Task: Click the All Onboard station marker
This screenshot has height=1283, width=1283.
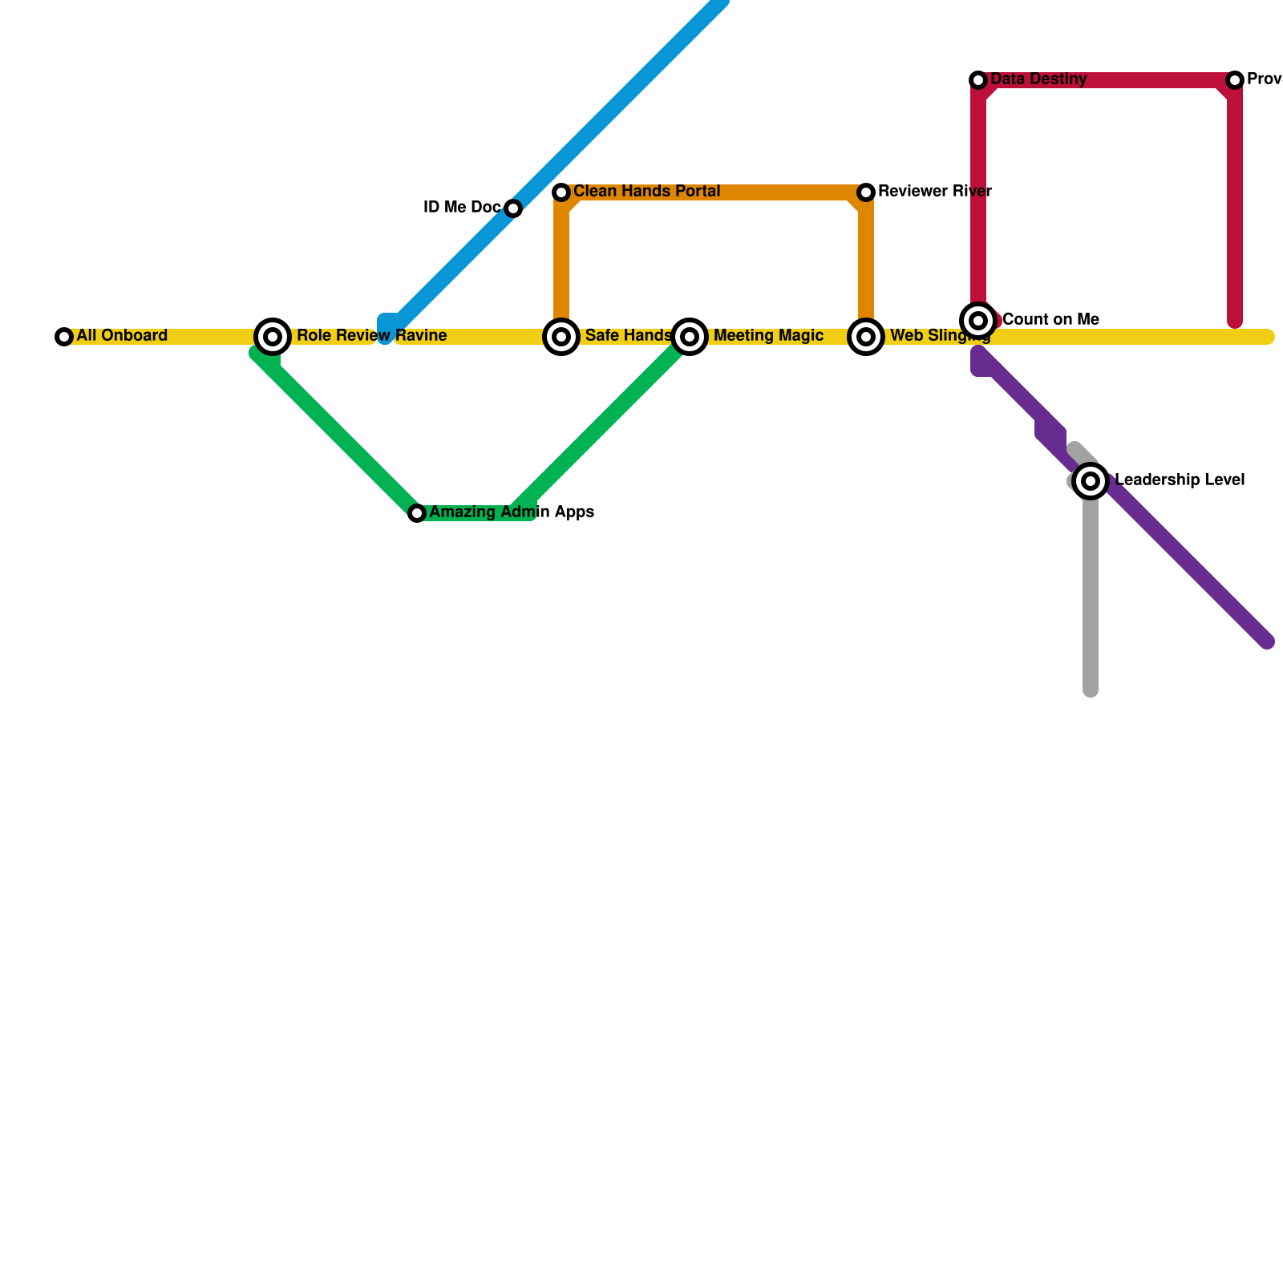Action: [64, 337]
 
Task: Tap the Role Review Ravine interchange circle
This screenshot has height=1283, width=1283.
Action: [273, 337]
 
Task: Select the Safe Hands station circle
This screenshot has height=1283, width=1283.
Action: [561, 337]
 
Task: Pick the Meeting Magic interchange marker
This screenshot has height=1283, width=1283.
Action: [690, 337]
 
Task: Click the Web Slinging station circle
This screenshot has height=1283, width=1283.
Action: [866, 337]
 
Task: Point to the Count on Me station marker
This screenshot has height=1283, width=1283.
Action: [978, 321]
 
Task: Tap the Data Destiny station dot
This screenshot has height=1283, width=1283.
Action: [978, 80]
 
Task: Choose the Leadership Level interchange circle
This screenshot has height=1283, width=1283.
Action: [1091, 481]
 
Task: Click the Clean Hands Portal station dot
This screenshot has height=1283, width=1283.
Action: [561, 192]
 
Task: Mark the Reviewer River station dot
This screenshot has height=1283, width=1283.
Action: [866, 192]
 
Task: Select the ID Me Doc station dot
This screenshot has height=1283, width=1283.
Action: [513, 208]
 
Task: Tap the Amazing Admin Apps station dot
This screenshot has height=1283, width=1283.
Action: [417, 513]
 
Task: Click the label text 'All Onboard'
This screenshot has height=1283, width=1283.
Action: [122, 335]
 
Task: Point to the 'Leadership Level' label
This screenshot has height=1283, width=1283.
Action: [1179, 480]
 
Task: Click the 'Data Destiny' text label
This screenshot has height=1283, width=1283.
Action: [1038, 79]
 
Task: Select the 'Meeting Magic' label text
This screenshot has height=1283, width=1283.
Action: [768, 335]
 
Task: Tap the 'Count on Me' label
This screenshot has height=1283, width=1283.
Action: [1050, 319]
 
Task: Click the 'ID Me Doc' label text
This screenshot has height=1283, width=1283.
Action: [462, 207]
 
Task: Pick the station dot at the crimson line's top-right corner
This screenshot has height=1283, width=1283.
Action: [1235, 80]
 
